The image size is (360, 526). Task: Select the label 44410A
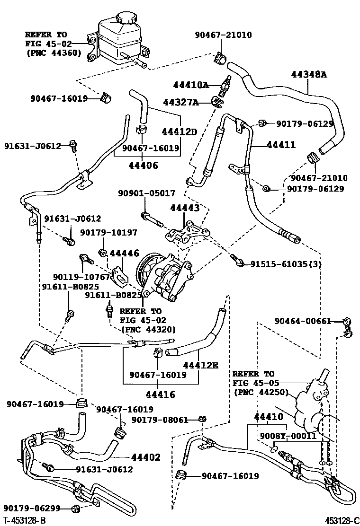[191, 85]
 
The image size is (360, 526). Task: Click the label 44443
[184, 208]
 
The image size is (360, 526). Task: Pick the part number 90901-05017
[147, 193]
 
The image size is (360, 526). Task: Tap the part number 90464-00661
[303, 321]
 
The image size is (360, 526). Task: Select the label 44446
[125, 254]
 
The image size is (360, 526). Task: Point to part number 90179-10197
[108, 232]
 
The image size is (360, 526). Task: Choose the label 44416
[161, 394]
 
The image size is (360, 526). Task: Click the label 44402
[145, 457]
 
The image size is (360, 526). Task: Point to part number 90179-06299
[32, 508]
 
